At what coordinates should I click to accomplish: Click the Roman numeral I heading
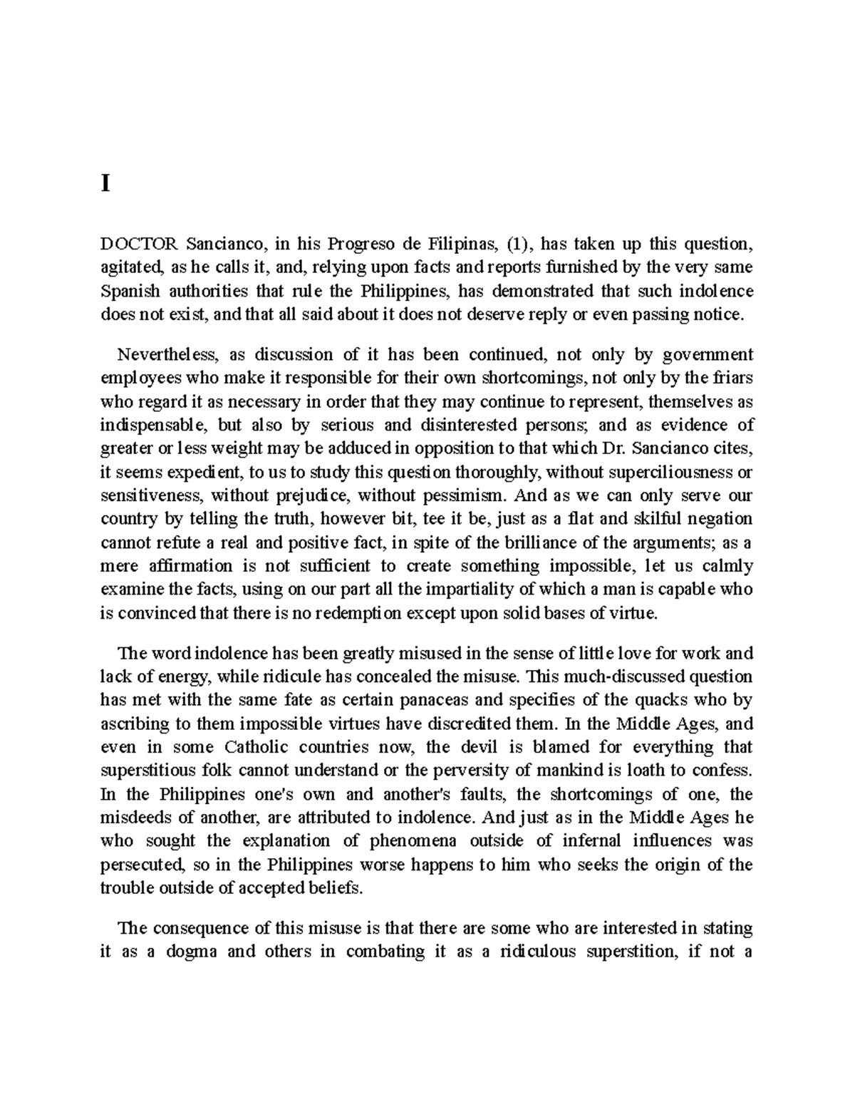pos(106,185)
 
